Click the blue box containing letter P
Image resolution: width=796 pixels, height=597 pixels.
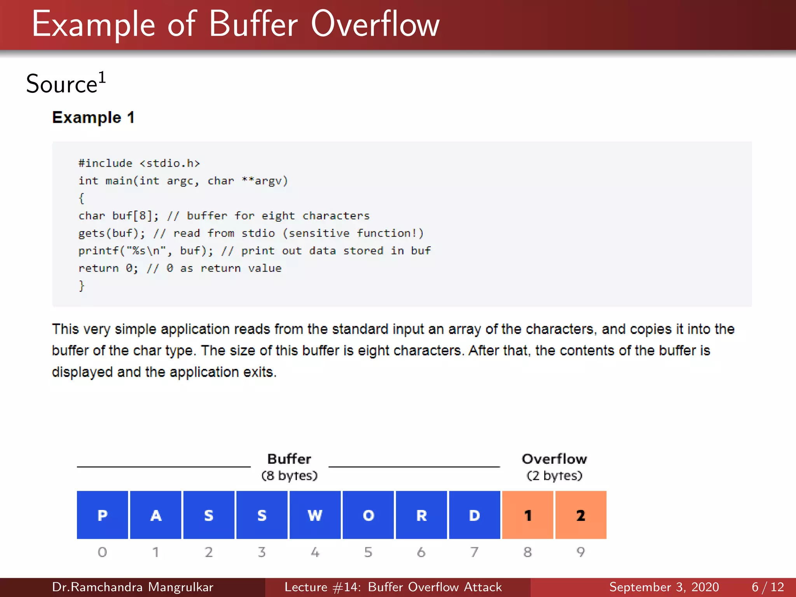click(102, 515)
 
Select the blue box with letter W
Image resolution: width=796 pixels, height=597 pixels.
click(315, 515)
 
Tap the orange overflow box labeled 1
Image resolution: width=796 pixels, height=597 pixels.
click(527, 515)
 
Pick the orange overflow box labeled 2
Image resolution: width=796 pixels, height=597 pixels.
click(581, 515)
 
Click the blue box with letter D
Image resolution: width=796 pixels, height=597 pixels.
click(474, 515)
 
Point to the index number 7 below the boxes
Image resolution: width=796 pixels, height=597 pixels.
click(474, 552)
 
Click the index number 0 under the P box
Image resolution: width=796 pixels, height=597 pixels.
click(102, 552)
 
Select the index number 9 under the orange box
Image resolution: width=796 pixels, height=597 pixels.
click(581, 552)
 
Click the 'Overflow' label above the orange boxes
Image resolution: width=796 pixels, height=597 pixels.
click(554, 459)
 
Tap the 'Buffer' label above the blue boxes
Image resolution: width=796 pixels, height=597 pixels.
click(289, 459)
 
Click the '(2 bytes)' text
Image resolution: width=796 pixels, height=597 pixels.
click(554, 476)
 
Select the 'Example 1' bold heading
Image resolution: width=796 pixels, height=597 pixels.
click(93, 117)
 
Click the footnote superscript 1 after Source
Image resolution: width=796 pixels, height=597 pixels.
click(102, 77)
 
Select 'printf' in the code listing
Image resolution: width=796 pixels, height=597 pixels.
click(99, 251)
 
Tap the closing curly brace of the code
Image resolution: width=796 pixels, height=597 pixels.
click(81, 286)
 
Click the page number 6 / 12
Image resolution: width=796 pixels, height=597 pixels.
click(768, 587)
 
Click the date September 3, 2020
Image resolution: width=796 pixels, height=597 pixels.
click(664, 587)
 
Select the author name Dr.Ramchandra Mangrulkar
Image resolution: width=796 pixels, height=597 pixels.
click(133, 587)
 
